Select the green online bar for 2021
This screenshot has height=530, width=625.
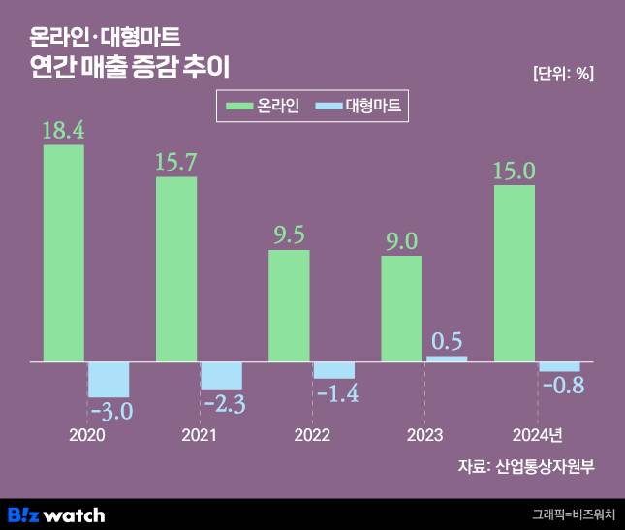tap(176, 269)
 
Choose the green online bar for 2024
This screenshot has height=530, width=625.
tap(515, 273)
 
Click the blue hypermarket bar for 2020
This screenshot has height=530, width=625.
tap(109, 379)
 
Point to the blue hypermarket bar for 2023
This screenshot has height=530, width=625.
tap(446, 359)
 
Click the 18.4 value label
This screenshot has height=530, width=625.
tap(63, 131)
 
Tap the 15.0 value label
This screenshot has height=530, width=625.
tap(515, 171)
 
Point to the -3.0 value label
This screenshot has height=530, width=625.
tap(109, 411)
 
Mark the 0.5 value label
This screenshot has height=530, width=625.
tap(445, 341)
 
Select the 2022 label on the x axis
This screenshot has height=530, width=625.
tap(311, 435)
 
